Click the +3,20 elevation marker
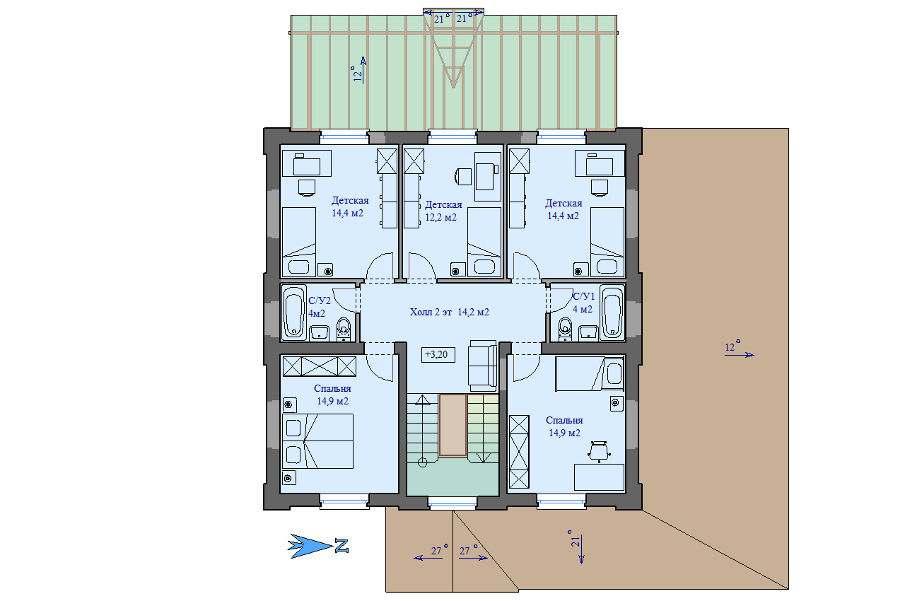coord(438,355)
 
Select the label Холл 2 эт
coord(431,312)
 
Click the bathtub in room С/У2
coord(293,313)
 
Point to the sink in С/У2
coord(319,333)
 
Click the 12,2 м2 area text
coord(440,217)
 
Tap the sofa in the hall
coord(482,366)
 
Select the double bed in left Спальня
coord(317,440)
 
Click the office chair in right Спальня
coord(598,451)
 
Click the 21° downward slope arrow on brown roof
coord(581,549)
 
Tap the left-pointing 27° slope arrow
coord(428,558)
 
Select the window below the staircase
coord(452,503)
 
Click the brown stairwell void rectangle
coord(453,426)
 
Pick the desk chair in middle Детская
coord(463,177)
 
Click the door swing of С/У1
coord(559,300)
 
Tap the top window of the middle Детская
coord(452,137)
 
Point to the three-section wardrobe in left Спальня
coord(319,366)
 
